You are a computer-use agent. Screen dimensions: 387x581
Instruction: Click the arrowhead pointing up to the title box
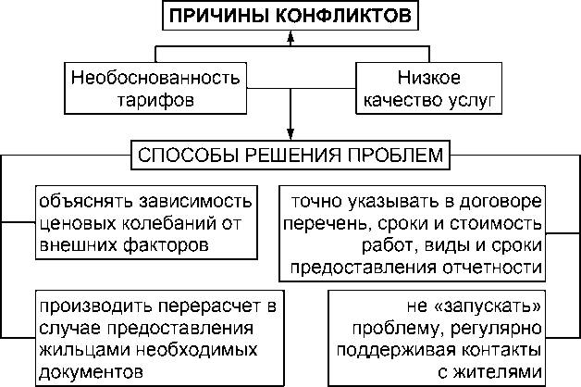291,36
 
